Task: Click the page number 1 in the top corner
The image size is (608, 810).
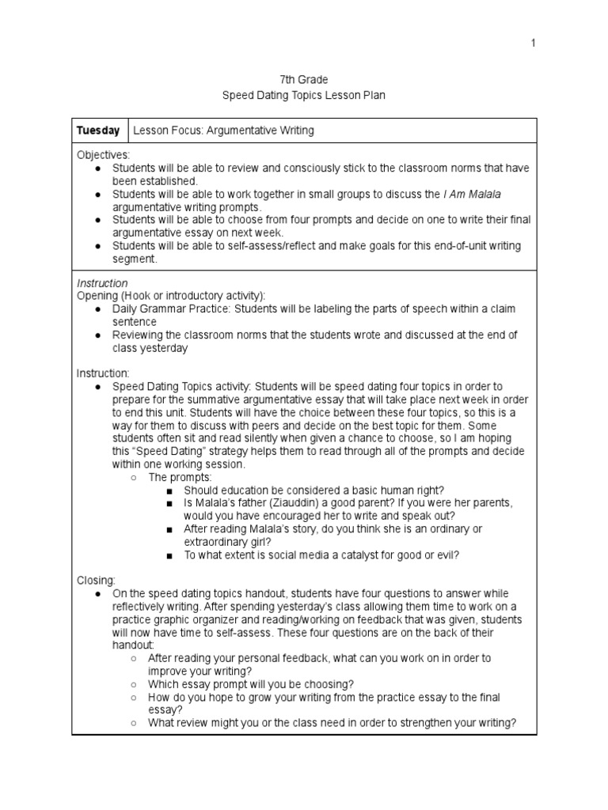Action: pyautogui.click(x=534, y=43)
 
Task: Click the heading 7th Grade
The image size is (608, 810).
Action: pyautogui.click(x=303, y=80)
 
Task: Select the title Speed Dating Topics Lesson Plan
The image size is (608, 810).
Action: pyautogui.click(x=303, y=95)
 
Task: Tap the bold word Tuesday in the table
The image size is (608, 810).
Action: pyautogui.click(x=98, y=131)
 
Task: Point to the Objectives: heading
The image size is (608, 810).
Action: pyautogui.click(x=104, y=155)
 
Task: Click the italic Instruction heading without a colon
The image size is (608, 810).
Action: pyautogui.click(x=101, y=283)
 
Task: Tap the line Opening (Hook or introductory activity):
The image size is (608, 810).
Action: pyautogui.click(x=171, y=296)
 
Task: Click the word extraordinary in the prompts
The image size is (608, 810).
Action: pyautogui.click(x=218, y=542)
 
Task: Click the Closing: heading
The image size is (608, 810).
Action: pyautogui.click(x=96, y=580)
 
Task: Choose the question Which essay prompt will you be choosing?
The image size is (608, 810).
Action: pyautogui.click(x=251, y=683)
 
